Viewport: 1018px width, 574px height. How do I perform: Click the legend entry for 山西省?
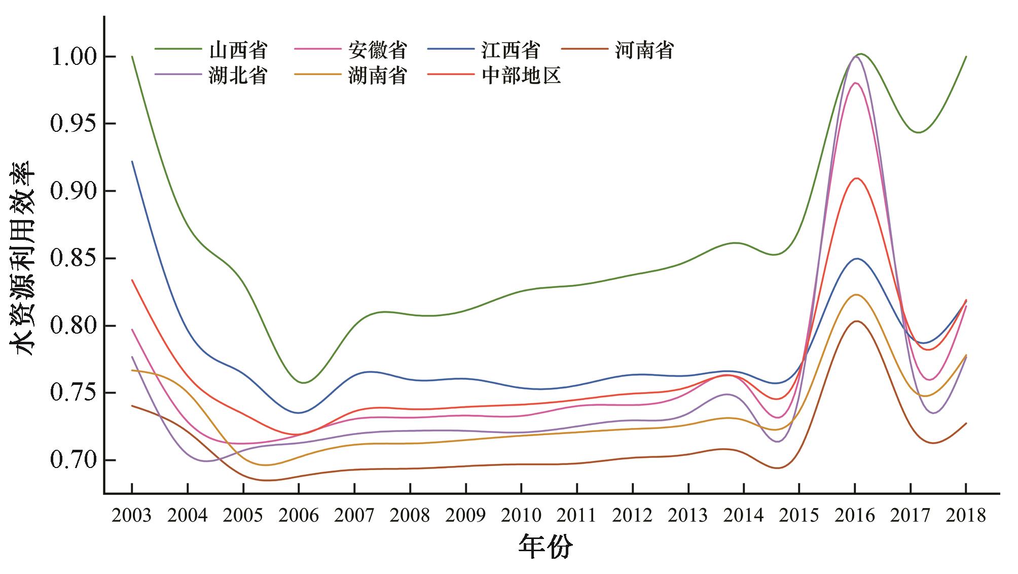click(x=238, y=50)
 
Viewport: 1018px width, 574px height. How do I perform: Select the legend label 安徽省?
click(x=377, y=50)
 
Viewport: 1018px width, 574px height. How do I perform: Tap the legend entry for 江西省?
click(x=511, y=50)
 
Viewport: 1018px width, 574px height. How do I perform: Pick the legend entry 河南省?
click(x=644, y=50)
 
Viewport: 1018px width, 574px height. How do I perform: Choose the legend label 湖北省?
click(x=238, y=76)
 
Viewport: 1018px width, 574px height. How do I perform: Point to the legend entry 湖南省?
click(x=377, y=76)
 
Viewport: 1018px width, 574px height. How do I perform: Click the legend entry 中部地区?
click(x=521, y=76)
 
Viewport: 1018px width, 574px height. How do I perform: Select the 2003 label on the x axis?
click(x=132, y=516)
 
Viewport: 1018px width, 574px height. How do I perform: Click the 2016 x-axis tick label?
click(x=855, y=516)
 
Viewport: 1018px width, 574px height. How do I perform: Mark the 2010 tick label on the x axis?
click(x=521, y=516)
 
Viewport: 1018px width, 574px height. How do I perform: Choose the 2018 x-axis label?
click(x=966, y=516)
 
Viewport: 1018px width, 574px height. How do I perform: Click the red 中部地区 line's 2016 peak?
click(x=856, y=178)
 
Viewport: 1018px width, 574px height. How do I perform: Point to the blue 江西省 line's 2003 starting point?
click(x=132, y=161)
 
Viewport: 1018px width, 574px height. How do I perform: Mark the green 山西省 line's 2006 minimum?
click(x=303, y=383)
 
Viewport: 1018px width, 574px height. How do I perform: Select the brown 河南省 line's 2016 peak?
click(x=856, y=321)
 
